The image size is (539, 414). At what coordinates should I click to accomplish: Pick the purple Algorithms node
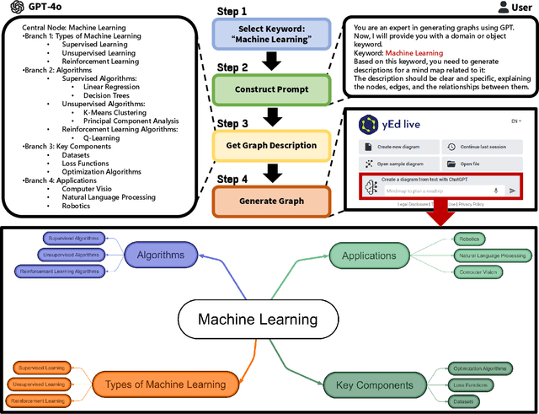pos(160,255)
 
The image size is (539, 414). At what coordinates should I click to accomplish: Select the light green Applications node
pos(369,255)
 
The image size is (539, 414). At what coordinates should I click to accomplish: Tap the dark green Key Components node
pos(368,384)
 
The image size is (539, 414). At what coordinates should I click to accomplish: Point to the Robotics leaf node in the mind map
pos(469,239)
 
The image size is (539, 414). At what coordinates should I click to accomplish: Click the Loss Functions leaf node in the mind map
pos(471,384)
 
